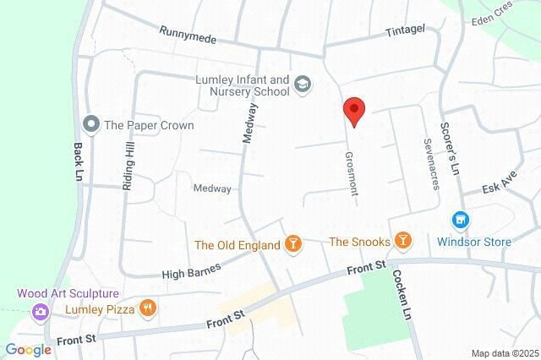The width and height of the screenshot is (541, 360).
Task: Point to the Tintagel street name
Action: coord(405,30)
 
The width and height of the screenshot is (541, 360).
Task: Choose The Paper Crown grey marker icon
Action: coord(91,125)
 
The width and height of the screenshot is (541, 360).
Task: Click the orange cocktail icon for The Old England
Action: coord(292,245)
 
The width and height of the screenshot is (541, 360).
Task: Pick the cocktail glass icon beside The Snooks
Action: coord(403,242)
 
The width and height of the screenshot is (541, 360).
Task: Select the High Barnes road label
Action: coord(191,271)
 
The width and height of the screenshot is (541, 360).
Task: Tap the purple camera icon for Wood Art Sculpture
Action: coord(40,312)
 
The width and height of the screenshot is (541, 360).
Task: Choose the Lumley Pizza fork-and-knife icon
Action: coord(148,309)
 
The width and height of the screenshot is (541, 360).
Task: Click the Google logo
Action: coord(28,350)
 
